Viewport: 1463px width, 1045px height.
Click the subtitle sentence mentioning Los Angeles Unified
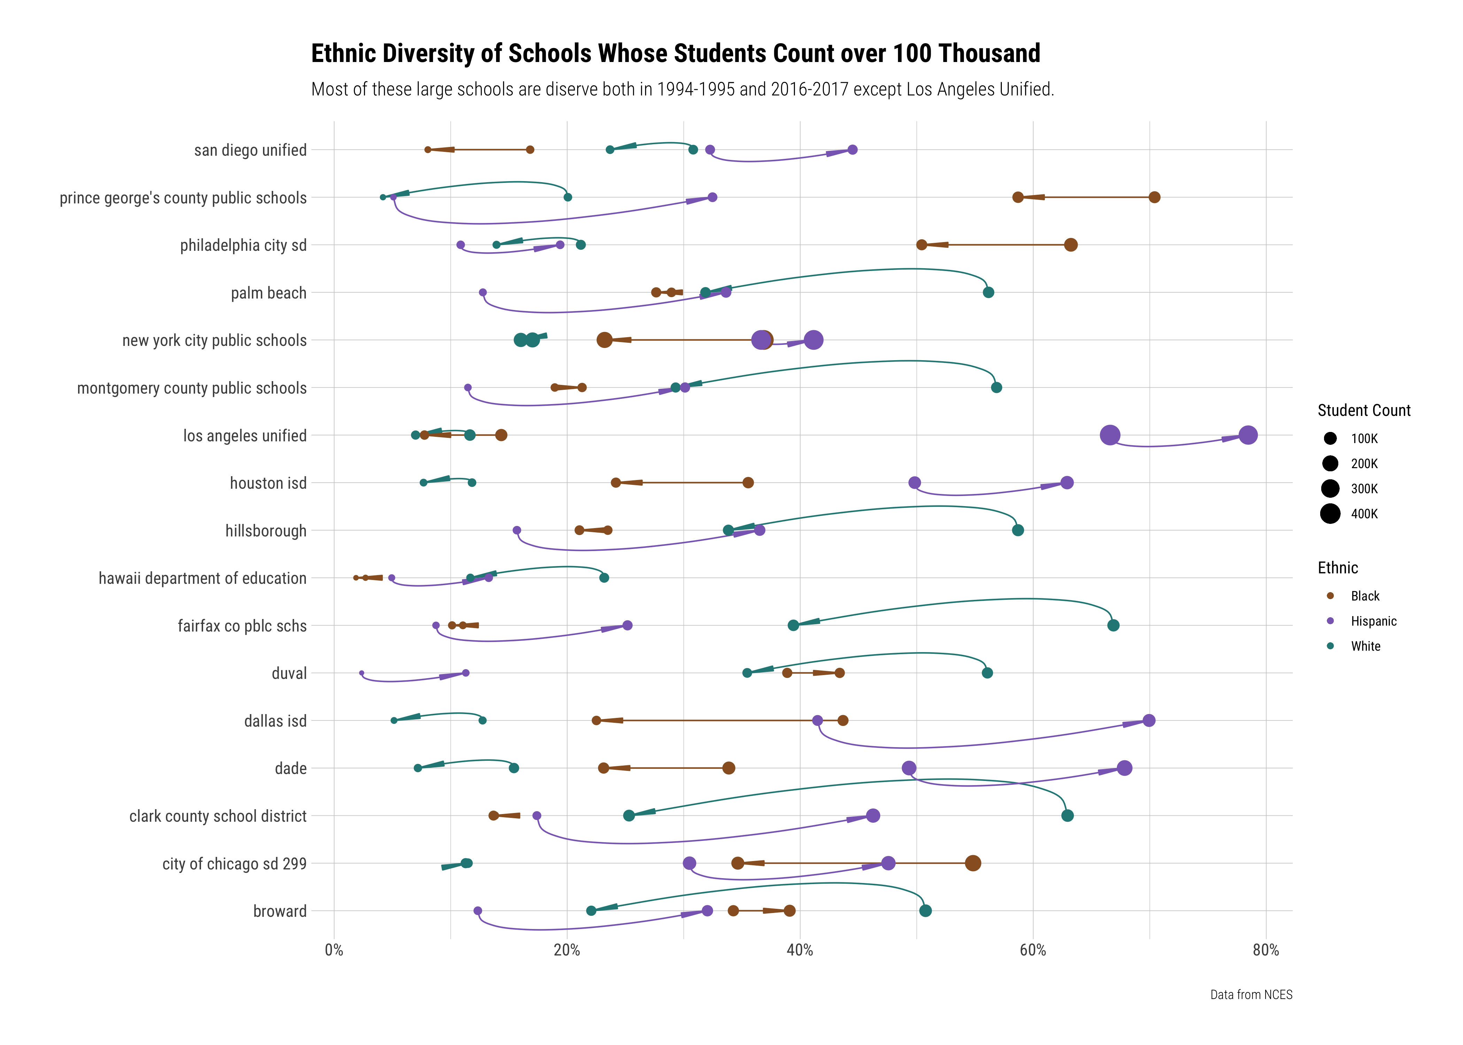[682, 90]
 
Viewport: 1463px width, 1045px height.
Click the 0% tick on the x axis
[334, 950]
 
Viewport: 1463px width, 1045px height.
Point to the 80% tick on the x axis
[1265, 950]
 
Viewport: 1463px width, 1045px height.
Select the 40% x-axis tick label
[800, 950]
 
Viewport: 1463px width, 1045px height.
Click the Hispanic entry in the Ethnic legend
[1373, 621]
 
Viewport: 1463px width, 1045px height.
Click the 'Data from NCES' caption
[1251, 995]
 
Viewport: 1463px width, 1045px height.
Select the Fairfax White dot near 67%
[1113, 626]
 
